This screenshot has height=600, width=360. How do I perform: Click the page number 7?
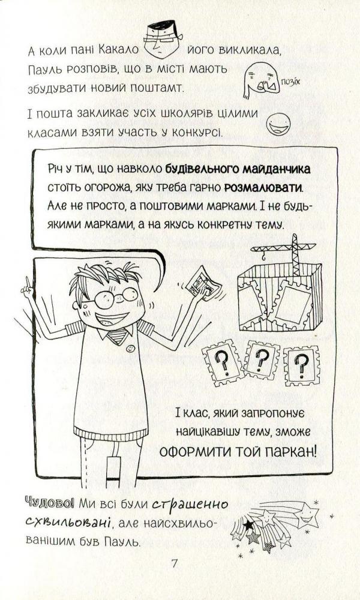click(x=175, y=563)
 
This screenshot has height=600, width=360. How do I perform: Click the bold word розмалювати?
click(x=263, y=188)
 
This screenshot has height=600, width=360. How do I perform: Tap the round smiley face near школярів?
click(x=278, y=124)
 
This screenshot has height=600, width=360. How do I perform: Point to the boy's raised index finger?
click(x=27, y=284)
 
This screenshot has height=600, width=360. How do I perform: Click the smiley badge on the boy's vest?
click(x=130, y=348)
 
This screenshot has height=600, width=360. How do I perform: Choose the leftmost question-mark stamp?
click(x=223, y=361)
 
